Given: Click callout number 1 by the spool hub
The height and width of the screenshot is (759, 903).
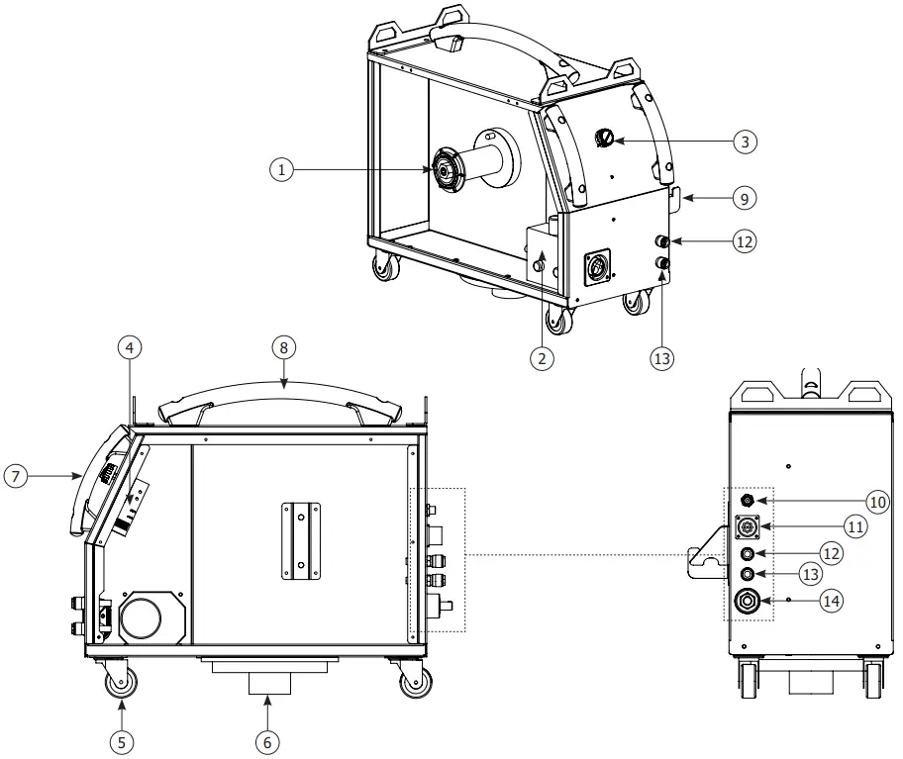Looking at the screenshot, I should pos(283,170).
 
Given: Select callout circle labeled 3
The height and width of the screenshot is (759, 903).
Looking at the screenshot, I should pos(746,142).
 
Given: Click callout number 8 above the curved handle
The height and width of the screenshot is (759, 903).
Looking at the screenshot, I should pos(284,347).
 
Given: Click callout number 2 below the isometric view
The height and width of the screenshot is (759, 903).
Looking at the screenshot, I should pos(541,359).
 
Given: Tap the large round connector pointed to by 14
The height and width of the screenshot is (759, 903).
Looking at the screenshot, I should pos(749,601).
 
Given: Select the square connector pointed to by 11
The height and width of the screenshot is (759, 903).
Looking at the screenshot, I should pos(750,526).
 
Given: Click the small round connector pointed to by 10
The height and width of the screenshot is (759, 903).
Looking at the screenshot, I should pos(750,501).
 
